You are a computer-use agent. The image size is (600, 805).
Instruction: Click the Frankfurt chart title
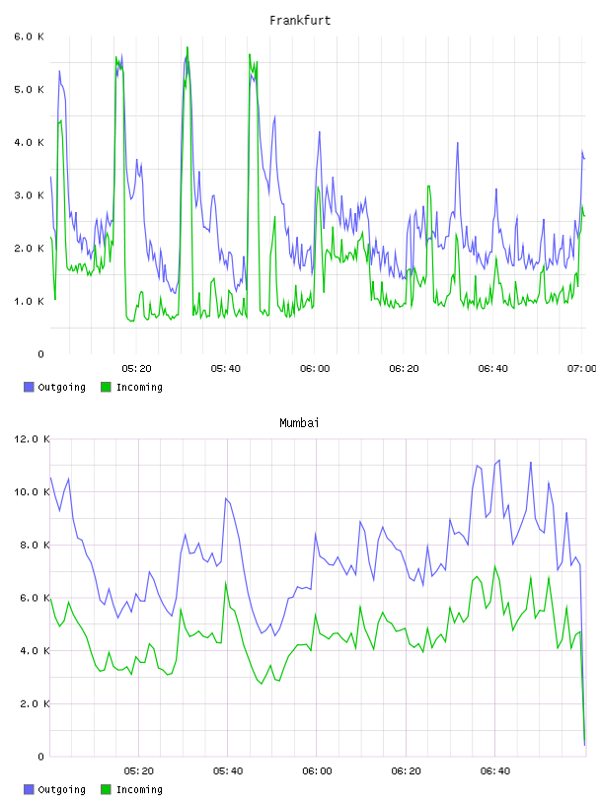300,21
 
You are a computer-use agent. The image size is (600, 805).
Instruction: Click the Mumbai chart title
299,423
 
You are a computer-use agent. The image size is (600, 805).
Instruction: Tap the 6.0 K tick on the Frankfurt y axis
29,37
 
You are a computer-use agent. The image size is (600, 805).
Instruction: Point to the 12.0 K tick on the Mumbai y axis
32,439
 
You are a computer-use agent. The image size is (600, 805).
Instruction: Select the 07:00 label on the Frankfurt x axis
582,369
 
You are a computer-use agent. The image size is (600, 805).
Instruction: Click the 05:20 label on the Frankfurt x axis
136,369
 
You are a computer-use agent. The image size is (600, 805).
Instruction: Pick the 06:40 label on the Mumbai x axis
495,771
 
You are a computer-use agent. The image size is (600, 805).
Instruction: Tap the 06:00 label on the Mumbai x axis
317,771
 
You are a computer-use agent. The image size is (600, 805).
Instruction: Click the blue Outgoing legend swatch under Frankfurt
29,387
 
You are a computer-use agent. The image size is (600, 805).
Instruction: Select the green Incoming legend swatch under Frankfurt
106,387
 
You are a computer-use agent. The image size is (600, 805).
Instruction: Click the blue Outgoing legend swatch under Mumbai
29,789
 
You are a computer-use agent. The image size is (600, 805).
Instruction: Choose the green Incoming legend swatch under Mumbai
106,789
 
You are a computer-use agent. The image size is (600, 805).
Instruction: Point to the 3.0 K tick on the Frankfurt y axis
29,195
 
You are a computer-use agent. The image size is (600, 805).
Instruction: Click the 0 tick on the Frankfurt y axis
41,354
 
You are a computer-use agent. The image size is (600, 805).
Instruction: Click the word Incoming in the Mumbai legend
139,790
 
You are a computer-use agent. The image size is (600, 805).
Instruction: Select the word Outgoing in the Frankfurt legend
61,388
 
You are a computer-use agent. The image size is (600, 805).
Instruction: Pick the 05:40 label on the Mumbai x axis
228,771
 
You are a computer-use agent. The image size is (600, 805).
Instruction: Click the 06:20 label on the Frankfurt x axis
404,369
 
